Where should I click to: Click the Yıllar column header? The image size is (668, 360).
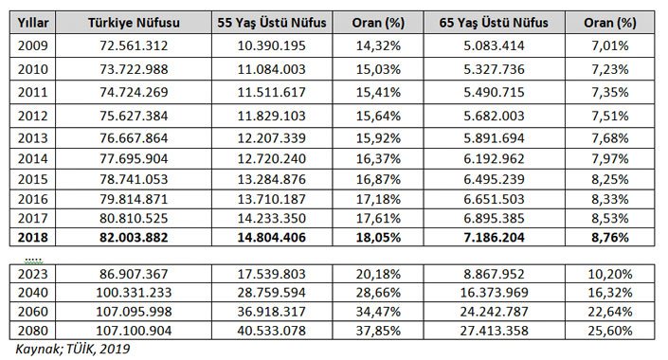coord(33,23)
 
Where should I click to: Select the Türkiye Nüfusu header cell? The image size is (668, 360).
coord(134,23)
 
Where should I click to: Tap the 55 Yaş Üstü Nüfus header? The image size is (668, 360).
coord(272,23)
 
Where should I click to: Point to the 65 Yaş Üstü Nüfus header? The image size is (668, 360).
coord(494,23)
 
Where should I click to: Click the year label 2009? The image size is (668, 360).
coord(33,45)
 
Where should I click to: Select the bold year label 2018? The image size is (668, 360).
coord(33,237)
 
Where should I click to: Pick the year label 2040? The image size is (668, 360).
coord(33,293)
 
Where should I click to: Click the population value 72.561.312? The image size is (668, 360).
coord(134,45)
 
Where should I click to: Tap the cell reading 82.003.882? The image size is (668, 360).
coord(134,237)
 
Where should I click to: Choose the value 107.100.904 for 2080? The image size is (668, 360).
coord(134,331)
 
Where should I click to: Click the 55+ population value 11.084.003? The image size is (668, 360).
coord(272,69)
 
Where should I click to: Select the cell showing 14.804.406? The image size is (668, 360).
coord(272,237)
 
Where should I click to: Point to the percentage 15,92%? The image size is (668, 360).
coord(378,138)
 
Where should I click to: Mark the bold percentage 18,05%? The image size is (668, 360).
coord(378,237)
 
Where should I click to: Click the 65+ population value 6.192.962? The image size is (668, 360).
coord(494,158)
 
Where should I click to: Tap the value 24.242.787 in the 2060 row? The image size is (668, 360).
coord(494,312)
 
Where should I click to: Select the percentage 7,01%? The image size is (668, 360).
coord(610,45)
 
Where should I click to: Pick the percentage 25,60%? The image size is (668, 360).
coord(610,331)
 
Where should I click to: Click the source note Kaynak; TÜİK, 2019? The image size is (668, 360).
coord(73,350)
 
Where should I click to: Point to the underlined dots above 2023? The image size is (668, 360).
coord(33,260)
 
